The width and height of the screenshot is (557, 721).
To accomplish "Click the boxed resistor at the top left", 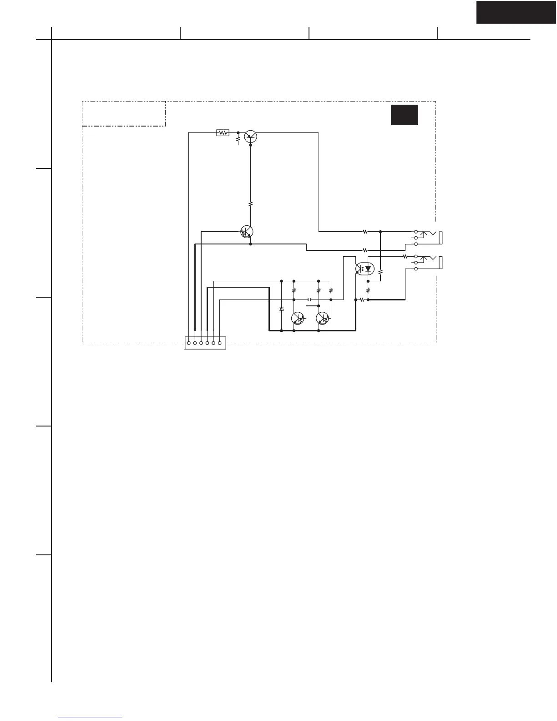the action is point(223,133).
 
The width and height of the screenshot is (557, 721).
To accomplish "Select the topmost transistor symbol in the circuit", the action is point(251,136).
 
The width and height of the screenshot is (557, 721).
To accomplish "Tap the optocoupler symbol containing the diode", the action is point(365,269).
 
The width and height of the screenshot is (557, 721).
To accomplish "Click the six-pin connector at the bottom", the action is point(205,343).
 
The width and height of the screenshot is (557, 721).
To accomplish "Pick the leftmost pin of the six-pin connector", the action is point(188,343).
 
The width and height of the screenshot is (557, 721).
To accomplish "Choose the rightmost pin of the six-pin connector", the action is point(220,343).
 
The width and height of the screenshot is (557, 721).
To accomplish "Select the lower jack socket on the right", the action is point(428,263).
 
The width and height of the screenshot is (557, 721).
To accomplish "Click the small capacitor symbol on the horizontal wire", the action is point(309,300).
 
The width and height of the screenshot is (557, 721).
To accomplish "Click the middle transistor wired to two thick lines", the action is point(247,232).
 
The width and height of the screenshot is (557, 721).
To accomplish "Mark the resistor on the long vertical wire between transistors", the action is point(251,204).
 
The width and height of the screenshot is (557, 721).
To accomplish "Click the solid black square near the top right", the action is point(404,115).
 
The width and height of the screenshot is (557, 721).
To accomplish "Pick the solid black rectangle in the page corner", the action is point(516,12).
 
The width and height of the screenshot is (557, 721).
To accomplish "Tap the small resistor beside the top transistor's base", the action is point(238,139).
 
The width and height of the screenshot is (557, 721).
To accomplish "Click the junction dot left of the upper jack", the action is point(380,232).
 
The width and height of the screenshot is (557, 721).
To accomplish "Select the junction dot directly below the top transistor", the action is point(251,145).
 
